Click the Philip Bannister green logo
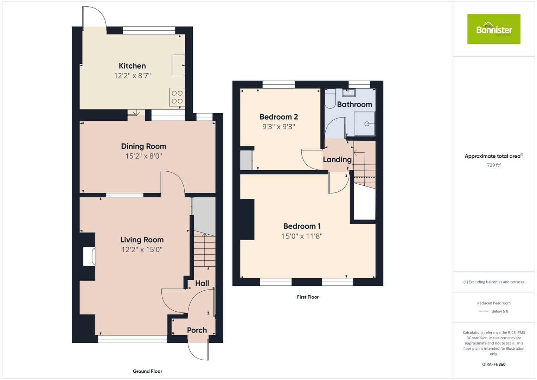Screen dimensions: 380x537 493,29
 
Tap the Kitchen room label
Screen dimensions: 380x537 132,66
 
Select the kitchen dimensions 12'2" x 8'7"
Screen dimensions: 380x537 132,76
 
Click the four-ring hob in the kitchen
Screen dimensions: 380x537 177,97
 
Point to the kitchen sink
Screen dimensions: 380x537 178,65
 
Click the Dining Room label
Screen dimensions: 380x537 143,146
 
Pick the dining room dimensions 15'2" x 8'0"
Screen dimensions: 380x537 143,156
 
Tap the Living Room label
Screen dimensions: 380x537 142,240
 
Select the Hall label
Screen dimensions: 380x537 202,283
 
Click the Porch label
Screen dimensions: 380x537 197,330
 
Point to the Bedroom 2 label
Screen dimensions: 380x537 279,117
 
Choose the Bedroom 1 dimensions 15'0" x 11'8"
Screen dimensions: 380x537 302,236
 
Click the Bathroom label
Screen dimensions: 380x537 354,104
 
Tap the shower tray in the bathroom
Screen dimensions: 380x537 365,123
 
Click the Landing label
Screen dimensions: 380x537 337,160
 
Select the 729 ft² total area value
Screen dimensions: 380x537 493,165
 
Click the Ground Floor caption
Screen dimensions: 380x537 147,371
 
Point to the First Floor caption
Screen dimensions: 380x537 308,297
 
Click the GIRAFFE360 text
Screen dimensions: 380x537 493,365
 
